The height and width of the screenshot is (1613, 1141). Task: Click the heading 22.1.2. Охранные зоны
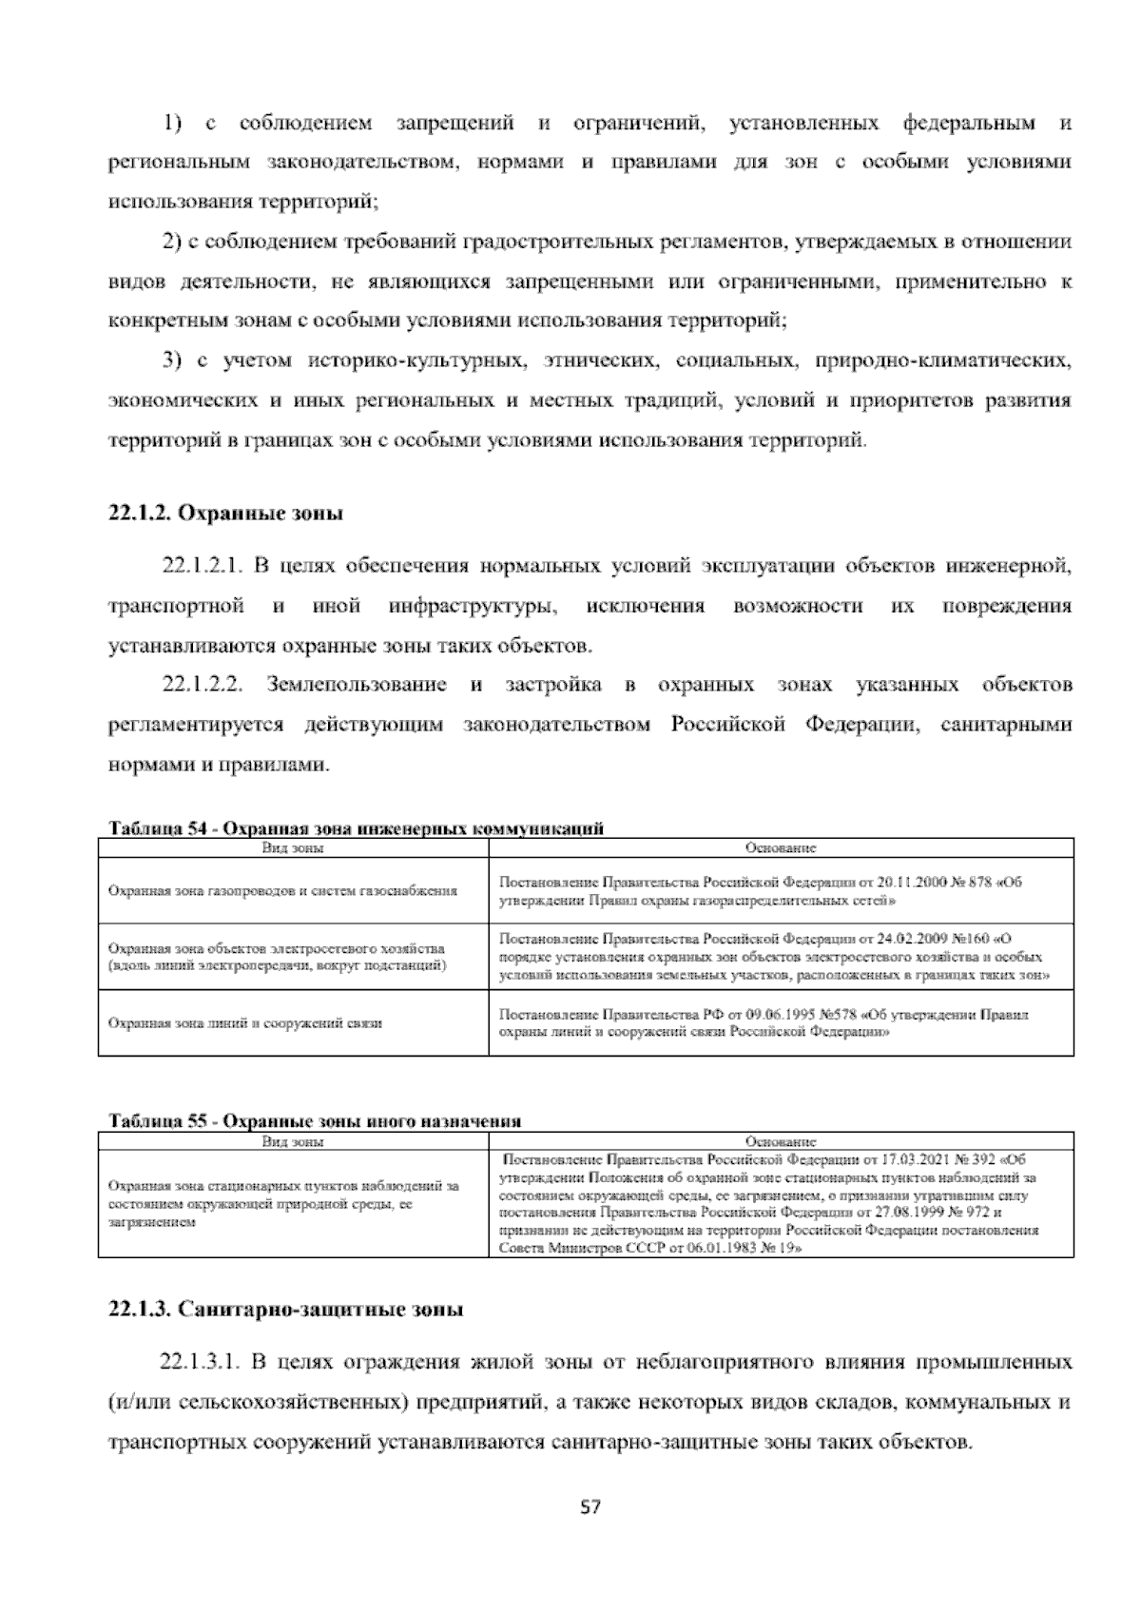225,514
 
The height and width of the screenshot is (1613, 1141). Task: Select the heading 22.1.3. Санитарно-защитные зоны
286,1310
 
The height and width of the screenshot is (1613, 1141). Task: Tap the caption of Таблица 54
357,828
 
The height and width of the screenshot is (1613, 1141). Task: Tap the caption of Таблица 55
315,1121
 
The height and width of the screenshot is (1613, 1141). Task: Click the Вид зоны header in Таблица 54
293,847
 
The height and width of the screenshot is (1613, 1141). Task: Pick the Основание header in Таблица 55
781,1141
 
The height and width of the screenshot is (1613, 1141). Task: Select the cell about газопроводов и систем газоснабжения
283,891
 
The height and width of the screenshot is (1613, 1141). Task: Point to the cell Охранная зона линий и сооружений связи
245,1023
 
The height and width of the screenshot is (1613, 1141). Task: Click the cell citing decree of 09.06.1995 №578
763,1022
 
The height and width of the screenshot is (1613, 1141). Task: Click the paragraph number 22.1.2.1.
204,568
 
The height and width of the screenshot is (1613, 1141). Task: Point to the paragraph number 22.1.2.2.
204,686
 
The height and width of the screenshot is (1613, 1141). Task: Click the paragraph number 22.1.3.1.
204,1363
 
